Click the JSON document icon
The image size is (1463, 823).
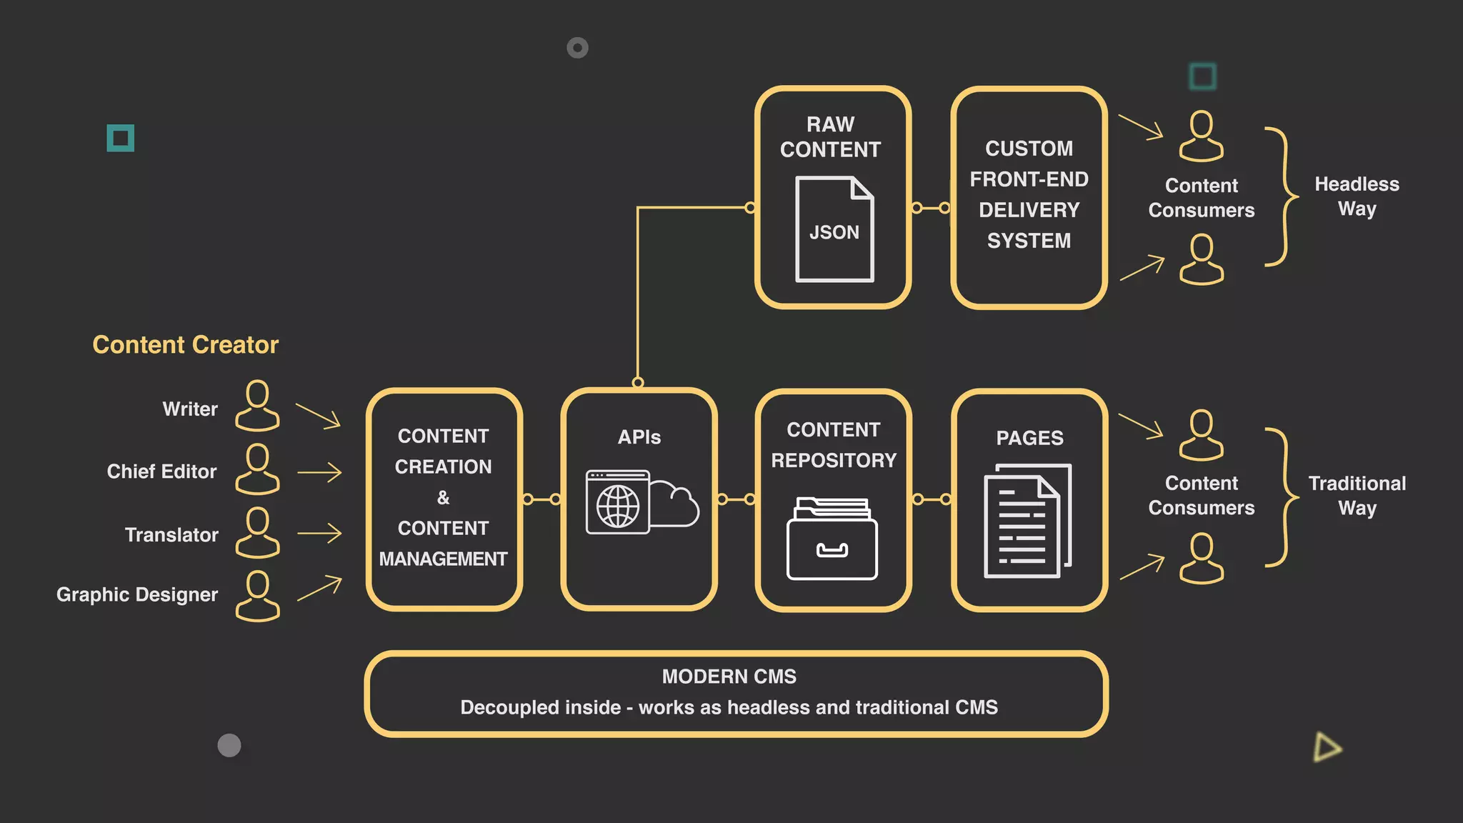(x=834, y=229)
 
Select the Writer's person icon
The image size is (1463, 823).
(x=257, y=406)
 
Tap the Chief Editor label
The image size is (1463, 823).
(x=161, y=472)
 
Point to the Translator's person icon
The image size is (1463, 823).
(x=257, y=533)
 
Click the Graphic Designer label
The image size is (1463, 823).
(x=137, y=594)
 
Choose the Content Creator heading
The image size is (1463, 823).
(x=185, y=345)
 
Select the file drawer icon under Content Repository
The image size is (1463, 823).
(x=832, y=539)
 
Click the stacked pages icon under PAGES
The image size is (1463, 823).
(x=1028, y=520)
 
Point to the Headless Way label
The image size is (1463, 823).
(x=1357, y=196)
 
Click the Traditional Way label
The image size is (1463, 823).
(x=1357, y=495)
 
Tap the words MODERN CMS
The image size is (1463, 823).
(x=729, y=677)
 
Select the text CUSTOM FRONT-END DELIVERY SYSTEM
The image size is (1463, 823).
(x=1029, y=194)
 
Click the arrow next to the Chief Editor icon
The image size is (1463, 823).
(x=319, y=472)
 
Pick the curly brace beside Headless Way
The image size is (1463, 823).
(x=1283, y=196)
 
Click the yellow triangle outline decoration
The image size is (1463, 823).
(x=1327, y=747)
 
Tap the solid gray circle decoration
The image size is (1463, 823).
(x=229, y=745)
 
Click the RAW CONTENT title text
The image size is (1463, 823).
(x=830, y=136)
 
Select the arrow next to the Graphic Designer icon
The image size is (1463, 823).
(x=319, y=588)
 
